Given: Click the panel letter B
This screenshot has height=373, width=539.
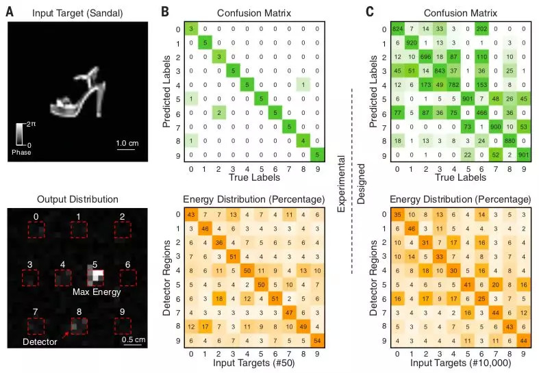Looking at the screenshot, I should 164,12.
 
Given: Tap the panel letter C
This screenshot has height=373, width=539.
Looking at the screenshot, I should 371,12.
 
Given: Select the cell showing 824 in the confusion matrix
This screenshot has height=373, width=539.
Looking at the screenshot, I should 397,29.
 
